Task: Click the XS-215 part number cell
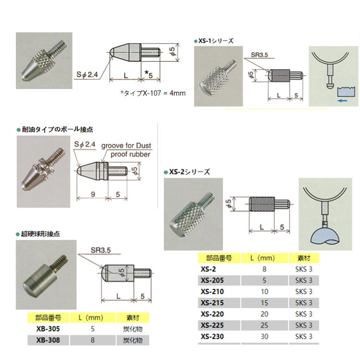(x=212, y=303)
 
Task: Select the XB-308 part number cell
(x=48, y=340)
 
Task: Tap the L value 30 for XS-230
(x=264, y=336)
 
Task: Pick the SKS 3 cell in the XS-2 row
(x=304, y=269)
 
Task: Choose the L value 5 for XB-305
(x=93, y=329)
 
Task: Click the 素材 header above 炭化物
(x=132, y=318)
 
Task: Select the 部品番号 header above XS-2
(x=219, y=258)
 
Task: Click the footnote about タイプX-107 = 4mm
(x=153, y=93)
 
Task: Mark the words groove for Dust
(x=126, y=145)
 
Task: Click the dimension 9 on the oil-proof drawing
(x=93, y=194)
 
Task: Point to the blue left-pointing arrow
(x=342, y=100)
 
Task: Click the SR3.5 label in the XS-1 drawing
(x=259, y=55)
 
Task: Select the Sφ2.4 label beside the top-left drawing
(x=87, y=74)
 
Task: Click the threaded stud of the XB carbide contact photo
(x=61, y=262)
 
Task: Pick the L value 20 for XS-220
(x=264, y=314)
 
